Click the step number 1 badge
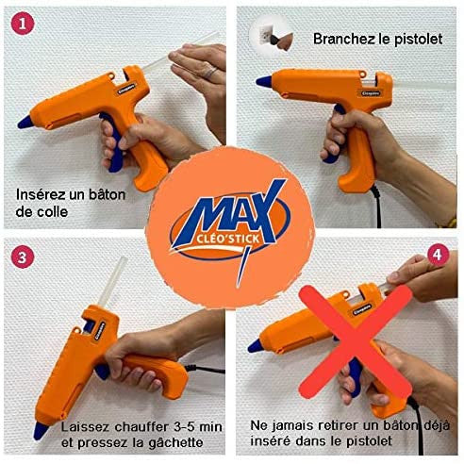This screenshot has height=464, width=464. (x=23, y=24)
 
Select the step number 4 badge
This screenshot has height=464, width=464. (x=438, y=255)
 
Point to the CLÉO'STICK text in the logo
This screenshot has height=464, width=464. (x=227, y=239)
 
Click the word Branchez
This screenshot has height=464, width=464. (x=344, y=40)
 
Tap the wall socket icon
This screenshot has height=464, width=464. (x=273, y=35)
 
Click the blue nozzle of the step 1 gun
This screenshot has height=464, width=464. (x=25, y=122)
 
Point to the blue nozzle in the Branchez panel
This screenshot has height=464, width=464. (x=263, y=81)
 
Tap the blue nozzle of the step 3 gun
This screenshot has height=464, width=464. (x=41, y=430)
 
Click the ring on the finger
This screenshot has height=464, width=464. (x=210, y=73)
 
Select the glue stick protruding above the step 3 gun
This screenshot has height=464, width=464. (x=112, y=281)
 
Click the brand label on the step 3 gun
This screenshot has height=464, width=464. (x=100, y=331)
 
